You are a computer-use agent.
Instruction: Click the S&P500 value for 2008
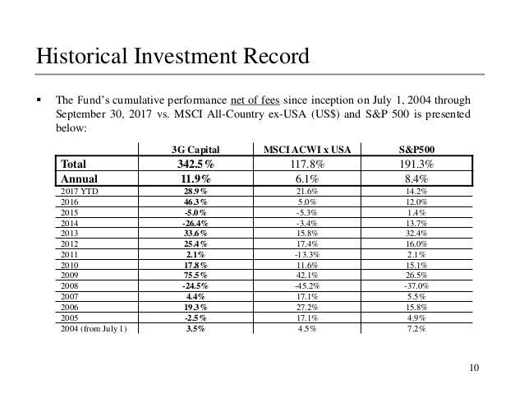click(x=417, y=286)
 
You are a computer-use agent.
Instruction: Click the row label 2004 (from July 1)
click(x=94, y=329)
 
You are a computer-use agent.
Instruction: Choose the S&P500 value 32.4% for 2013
click(x=417, y=233)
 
